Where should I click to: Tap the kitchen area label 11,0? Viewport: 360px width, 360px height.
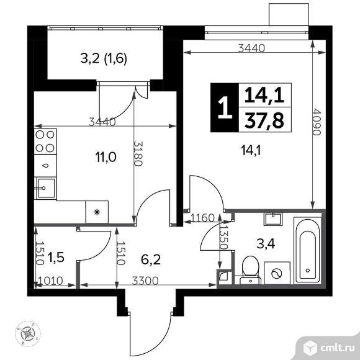[106, 158]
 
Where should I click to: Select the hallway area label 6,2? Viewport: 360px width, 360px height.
[151, 259]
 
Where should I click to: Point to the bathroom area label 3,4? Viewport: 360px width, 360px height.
[266, 244]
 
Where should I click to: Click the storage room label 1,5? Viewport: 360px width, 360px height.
[56, 258]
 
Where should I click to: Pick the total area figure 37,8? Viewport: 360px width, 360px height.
[264, 121]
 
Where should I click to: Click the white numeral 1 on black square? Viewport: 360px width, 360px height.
[225, 107]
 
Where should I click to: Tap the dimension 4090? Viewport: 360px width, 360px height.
[317, 122]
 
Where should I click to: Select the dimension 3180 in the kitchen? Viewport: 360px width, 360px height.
[138, 153]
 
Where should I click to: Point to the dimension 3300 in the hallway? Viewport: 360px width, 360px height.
[145, 281]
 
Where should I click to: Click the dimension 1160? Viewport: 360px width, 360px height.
[202, 217]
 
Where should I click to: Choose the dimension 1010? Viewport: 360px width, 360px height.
[50, 281]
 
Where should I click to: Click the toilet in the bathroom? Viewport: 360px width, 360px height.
[250, 270]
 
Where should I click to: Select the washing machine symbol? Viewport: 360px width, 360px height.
[277, 273]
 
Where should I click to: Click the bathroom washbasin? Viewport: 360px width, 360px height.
[272, 219]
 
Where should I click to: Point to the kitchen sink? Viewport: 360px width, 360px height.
[46, 188]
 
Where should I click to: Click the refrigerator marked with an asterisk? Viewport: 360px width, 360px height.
[97, 212]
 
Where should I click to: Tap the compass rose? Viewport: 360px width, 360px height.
[28, 333]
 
